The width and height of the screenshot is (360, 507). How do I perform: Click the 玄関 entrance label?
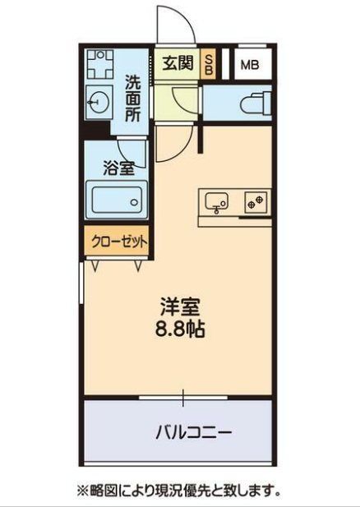tap(178, 63)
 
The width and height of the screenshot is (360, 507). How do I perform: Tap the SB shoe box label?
tap(210, 64)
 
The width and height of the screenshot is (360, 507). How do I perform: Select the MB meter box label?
tap(250, 65)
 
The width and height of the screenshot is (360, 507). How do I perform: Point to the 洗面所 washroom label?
tap(133, 99)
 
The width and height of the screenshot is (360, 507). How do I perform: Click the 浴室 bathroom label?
tap(119, 168)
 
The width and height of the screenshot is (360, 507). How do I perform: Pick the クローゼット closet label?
tap(119, 242)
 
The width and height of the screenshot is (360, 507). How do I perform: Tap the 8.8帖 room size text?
tap(180, 330)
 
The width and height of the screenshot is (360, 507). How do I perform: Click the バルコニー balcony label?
tap(194, 432)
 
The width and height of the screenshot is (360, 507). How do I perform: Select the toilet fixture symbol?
tap(256, 104)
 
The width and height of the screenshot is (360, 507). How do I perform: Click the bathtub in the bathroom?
tap(117, 200)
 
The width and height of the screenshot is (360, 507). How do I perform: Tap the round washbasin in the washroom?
tap(99, 102)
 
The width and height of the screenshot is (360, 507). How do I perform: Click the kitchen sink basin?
tap(217, 202)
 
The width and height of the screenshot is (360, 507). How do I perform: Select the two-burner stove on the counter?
tap(256, 202)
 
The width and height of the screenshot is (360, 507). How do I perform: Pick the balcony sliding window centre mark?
tap(183, 398)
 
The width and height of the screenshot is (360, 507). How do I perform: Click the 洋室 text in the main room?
tap(180, 307)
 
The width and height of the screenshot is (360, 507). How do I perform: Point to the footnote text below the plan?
tap(178, 491)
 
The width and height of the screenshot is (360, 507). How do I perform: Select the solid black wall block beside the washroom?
tap(95, 130)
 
